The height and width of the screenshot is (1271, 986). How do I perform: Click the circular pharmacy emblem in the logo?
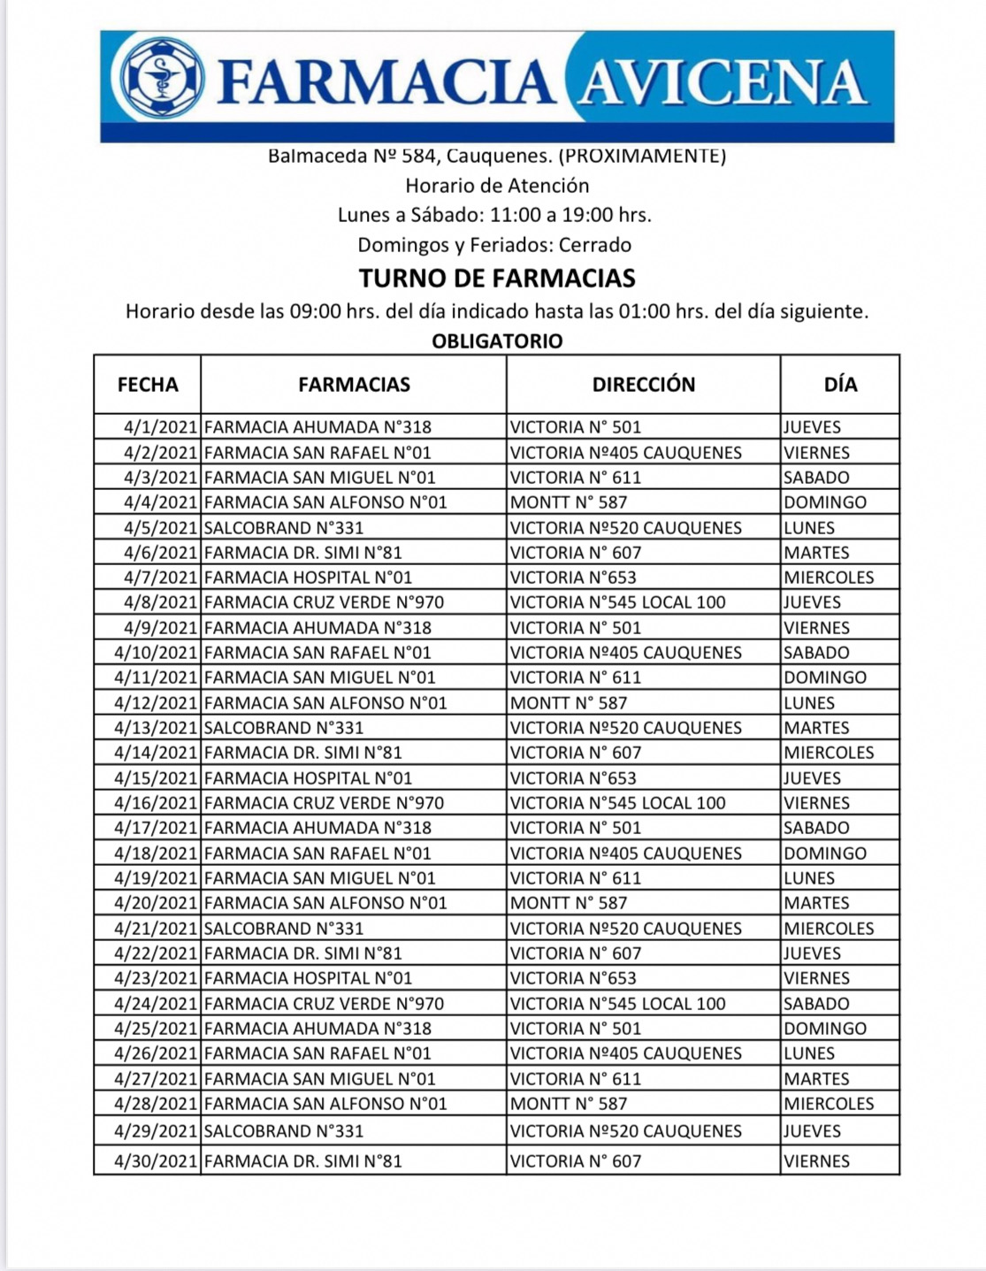tap(162, 79)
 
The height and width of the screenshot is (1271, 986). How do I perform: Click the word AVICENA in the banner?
tap(721, 82)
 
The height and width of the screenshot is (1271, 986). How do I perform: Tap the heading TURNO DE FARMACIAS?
tap(497, 279)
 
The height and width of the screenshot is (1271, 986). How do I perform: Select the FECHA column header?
tap(148, 385)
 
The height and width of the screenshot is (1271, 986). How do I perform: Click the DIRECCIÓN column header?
tap(644, 385)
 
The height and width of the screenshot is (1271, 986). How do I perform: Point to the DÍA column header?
tap(840, 385)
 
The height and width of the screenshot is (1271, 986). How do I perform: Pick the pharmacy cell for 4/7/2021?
tap(309, 578)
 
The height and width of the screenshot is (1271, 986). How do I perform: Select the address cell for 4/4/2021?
tap(569, 502)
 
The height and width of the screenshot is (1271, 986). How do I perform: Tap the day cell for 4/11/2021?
tap(825, 678)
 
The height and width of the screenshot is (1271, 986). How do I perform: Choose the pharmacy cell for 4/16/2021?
tap(324, 803)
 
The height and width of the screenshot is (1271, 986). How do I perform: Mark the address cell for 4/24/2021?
tap(618, 1004)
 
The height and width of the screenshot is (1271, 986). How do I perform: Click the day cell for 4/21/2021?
tap(829, 929)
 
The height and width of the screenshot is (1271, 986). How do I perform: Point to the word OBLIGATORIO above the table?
tap(497, 341)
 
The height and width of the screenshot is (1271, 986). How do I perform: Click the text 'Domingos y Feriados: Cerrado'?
tap(494, 245)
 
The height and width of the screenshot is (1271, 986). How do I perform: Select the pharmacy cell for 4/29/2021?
tap(284, 1131)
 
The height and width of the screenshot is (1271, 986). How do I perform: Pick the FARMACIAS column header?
tap(354, 385)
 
